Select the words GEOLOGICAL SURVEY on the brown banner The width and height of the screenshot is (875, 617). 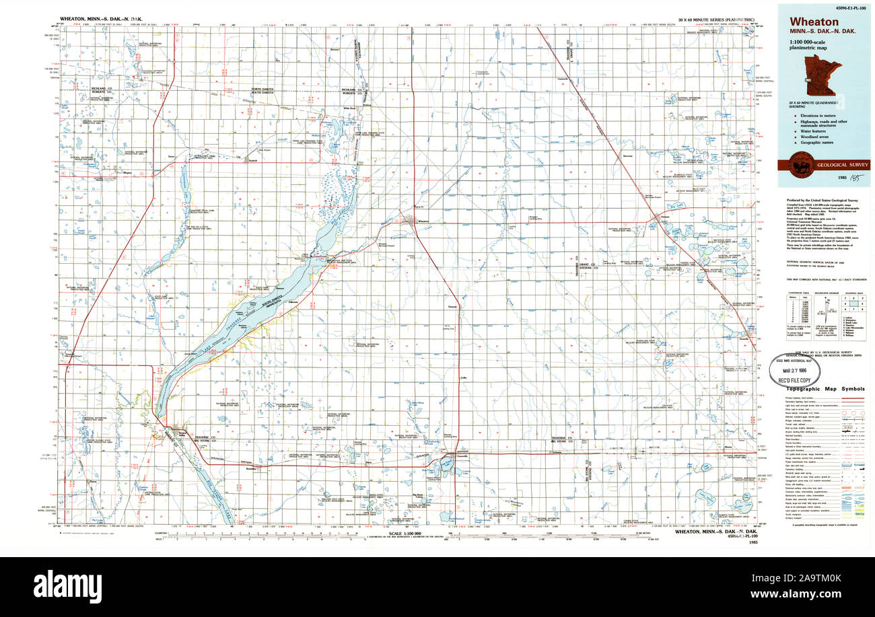843,165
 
